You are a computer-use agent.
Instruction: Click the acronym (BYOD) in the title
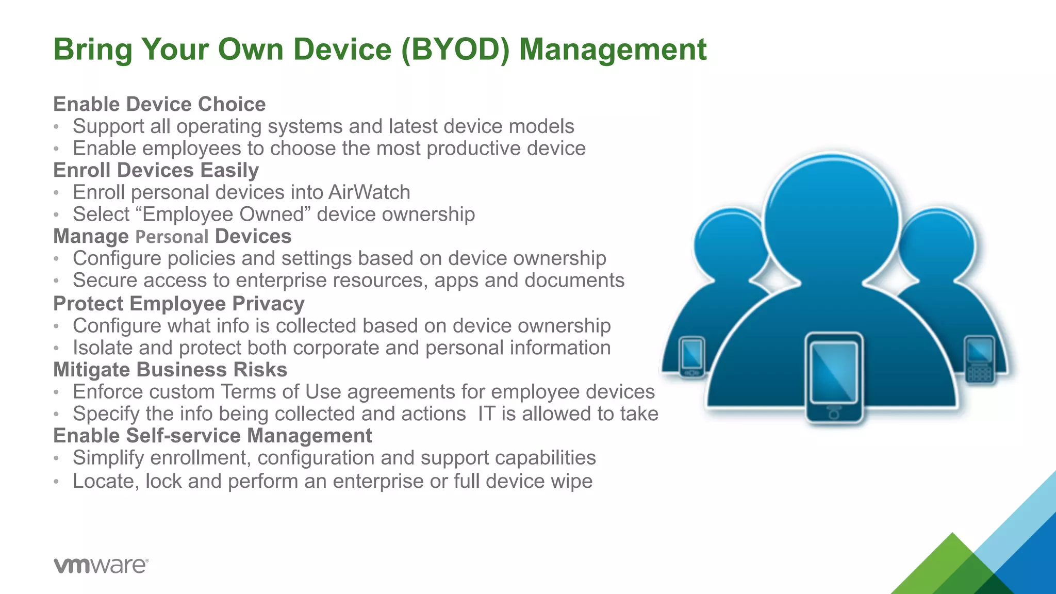[x=455, y=50]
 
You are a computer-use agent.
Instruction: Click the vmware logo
[x=101, y=565]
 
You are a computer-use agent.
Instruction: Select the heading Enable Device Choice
[x=159, y=104]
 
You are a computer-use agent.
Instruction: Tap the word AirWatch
[x=369, y=192]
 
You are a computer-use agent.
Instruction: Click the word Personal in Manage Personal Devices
[x=172, y=237]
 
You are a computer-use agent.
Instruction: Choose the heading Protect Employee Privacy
[x=178, y=304]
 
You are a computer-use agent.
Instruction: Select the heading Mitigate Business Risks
[x=170, y=370]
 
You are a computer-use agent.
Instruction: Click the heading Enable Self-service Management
[x=212, y=436]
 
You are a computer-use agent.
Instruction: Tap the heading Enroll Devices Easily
[x=156, y=170]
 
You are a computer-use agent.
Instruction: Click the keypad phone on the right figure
[x=979, y=359]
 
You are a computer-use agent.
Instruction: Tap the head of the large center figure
[x=831, y=217]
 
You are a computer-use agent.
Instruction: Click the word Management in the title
[x=613, y=50]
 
